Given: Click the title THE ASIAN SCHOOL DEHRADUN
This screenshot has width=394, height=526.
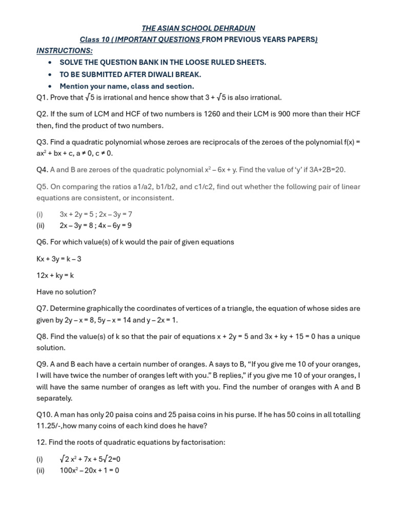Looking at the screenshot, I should tap(198, 28).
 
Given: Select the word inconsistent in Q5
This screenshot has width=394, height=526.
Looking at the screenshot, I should tap(153, 198).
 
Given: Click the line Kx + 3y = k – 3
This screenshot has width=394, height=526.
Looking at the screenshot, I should tap(59, 259).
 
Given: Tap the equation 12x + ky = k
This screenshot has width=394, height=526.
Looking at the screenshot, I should tap(55, 275).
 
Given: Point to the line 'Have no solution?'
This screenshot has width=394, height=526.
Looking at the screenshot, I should tap(66, 292).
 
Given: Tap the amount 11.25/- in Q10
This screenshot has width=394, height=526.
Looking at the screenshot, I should tap(50, 426).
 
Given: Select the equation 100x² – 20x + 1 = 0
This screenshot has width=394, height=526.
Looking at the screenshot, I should tap(89, 470).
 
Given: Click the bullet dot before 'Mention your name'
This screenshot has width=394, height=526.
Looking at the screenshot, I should tap(49, 86).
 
